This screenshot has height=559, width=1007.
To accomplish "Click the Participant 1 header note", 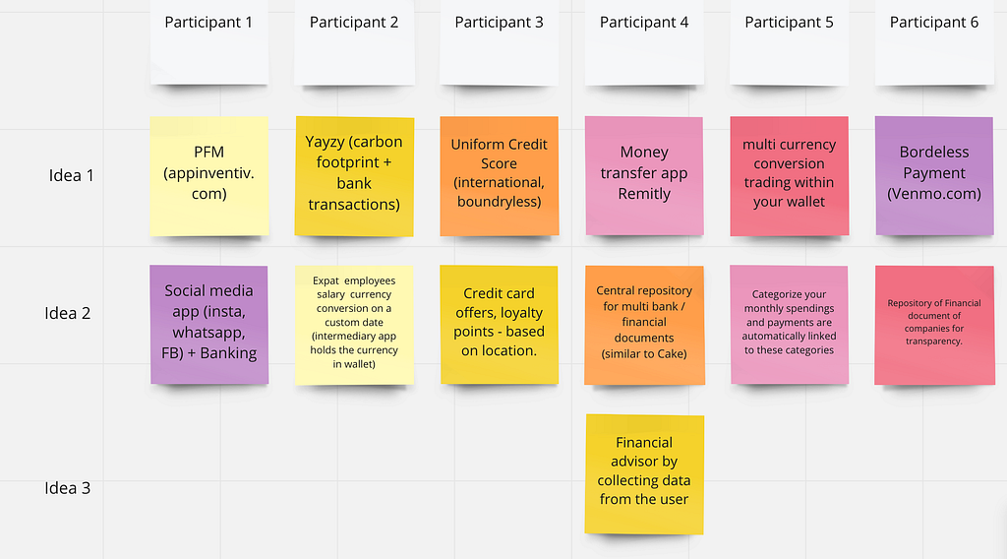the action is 209,41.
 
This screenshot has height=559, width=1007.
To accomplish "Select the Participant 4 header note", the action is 644,41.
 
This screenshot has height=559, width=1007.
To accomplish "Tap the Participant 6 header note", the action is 934,41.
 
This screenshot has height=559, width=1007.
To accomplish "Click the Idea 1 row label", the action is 71,175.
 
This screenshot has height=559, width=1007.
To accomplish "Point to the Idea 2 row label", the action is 68,313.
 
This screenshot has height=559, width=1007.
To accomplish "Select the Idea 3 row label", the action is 68,488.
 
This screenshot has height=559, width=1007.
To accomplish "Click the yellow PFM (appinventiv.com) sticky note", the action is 209,176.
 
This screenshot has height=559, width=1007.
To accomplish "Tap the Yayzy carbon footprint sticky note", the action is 354,176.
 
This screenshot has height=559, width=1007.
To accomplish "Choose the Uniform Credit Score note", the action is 499,176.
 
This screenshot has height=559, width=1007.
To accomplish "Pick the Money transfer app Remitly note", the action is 644,176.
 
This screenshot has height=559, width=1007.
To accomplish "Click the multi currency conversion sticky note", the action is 790,176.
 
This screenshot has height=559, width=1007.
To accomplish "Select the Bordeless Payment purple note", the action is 934,176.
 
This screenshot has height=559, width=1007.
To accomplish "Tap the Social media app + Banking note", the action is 209,325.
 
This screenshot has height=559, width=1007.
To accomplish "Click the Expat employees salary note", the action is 354,325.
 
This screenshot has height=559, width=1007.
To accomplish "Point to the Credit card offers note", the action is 499,325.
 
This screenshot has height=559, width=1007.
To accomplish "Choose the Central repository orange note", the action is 644,325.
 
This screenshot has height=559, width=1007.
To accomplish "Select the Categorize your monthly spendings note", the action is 790,325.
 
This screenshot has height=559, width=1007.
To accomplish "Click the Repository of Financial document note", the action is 934,325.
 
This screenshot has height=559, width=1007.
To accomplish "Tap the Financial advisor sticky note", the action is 644,474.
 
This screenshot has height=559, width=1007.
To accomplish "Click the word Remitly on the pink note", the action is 644,194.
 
